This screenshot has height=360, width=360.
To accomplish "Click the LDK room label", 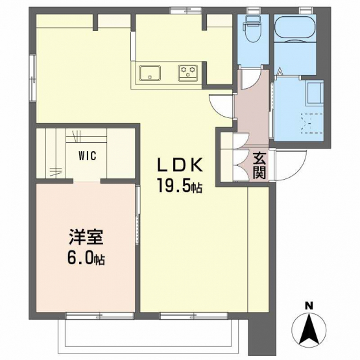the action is tap(180, 165).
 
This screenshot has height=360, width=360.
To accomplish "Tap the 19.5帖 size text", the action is tap(179, 186).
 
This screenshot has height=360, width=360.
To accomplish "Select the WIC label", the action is tap(88, 156).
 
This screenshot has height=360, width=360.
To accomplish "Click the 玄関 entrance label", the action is tap(259, 165).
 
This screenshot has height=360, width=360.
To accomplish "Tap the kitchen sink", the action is tap(150, 73).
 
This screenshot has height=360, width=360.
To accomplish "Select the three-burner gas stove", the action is tap(188, 73).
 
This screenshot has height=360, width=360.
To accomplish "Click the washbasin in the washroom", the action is tap(315, 93).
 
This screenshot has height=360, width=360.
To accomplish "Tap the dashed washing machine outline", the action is tap(312, 123).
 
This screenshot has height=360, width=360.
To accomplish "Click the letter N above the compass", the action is tap(309, 306).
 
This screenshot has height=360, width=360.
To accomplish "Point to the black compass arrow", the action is tap(309, 329).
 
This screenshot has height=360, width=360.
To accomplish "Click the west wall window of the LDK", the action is tap(33, 78).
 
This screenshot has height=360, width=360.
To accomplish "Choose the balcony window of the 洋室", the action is tap(100, 316).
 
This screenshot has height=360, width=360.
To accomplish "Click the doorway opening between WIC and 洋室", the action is tap(87, 181).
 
